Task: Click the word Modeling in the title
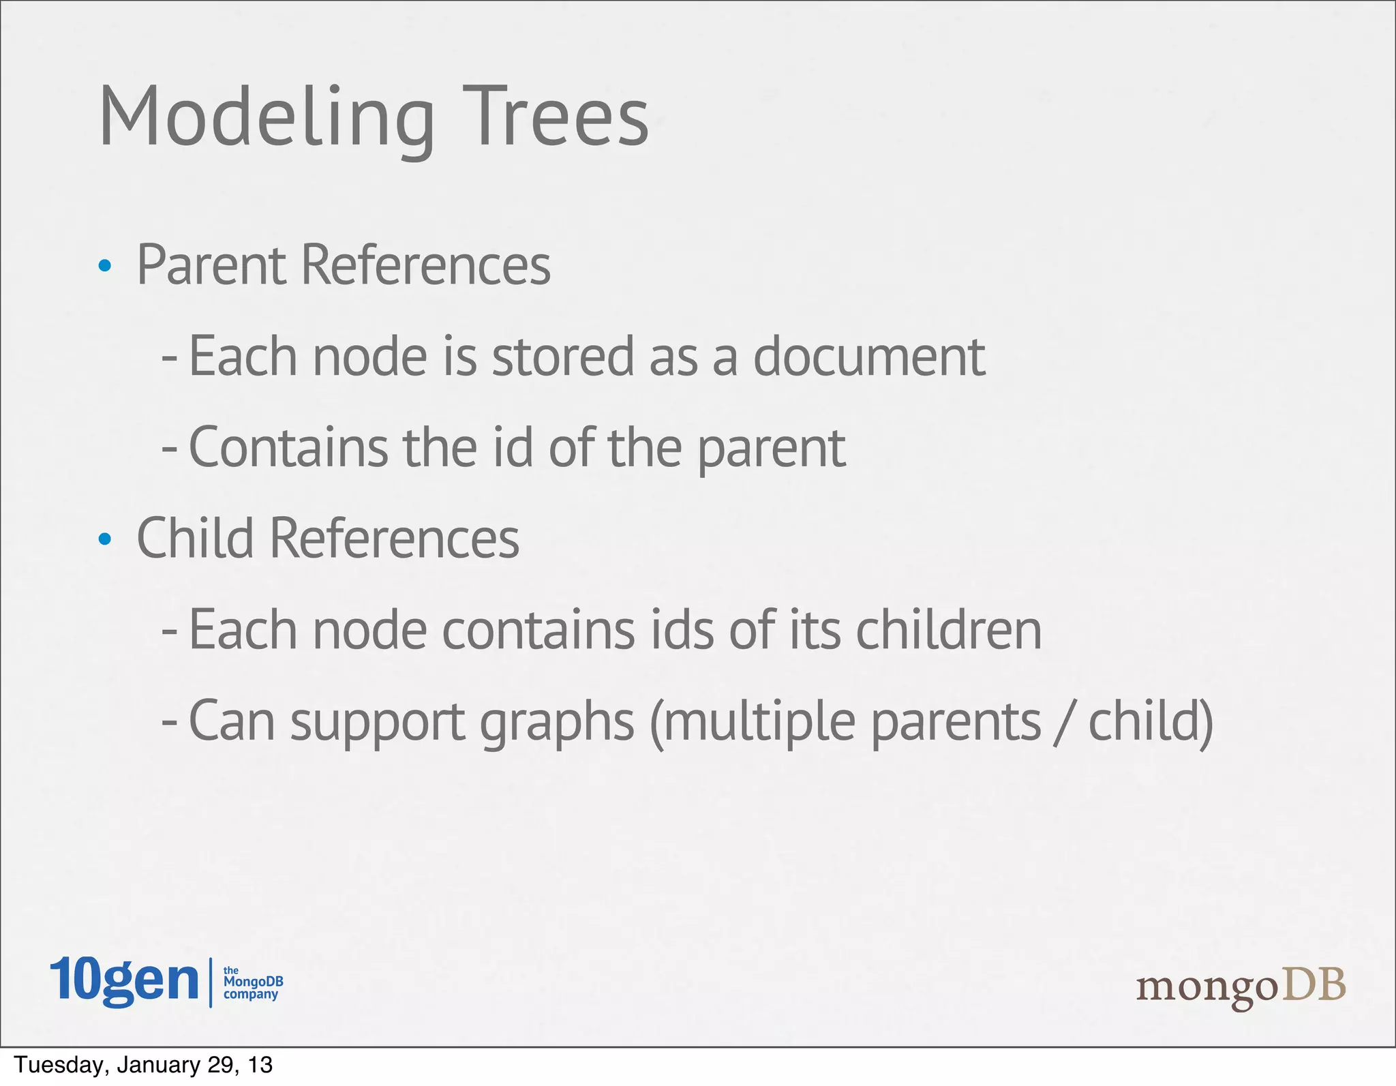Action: [x=266, y=117]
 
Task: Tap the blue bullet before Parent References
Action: [x=104, y=266]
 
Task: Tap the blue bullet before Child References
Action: [x=104, y=539]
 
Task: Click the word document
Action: [x=869, y=357]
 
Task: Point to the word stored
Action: [x=563, y=357]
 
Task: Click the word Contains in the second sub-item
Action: [x=288, y=447]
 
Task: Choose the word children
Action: [x=948, y=629]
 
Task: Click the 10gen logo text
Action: [x=124, y=980]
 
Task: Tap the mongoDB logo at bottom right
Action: [x=1241, y=987]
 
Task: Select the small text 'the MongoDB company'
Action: [x=252, y=982]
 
